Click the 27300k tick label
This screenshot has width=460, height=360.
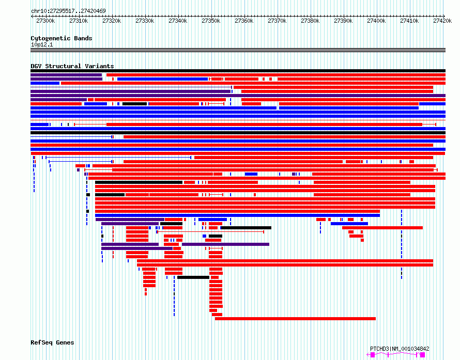pos(45,21)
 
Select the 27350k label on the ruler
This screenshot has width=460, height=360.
pos(211,21)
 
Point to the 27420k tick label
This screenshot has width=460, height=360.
pos(442,21)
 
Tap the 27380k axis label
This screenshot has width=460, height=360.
pos(310,21)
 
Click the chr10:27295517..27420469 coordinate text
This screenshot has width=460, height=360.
pos(68,11)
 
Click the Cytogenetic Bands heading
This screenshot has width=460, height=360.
pos(62,38)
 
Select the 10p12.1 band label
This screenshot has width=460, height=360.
pos(42,44)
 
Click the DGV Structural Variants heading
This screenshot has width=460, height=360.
pos(72,66)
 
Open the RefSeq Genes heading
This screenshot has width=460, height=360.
pos(52,342)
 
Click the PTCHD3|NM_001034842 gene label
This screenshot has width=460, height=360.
pos(400,349)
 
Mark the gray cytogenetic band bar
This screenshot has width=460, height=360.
pos(238,50)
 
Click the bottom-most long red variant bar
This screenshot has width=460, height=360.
pos(295,319)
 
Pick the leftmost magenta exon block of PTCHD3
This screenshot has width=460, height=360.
pos(373,355)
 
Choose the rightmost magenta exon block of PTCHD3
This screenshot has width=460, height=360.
pos(422,355)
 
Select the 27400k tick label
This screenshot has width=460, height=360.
pos(376,21)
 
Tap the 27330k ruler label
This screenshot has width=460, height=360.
pos(145,21)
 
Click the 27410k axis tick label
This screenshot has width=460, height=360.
pos(409,21)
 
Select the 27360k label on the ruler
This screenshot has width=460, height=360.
pos(244,21)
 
